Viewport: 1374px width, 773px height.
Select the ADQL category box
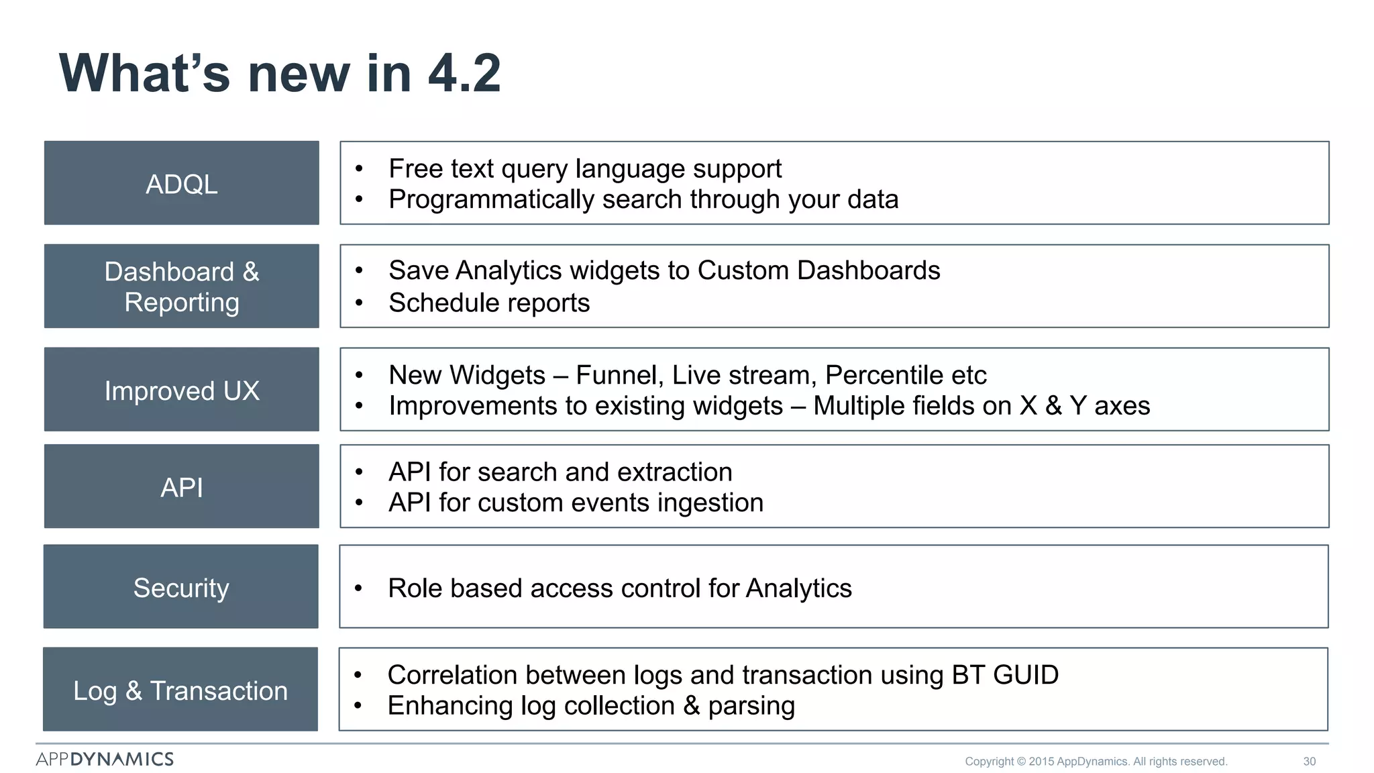[182, 183]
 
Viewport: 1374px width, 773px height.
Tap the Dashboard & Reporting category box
[182, 287]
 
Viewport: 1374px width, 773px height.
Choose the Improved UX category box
[182, 390]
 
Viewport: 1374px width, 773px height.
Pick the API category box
[182, 486]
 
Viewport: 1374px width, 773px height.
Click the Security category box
[181, 587]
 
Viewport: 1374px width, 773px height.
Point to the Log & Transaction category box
[180, 690]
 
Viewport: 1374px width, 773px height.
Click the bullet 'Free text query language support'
[585, 168]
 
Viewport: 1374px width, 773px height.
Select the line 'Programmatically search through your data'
[643, 199]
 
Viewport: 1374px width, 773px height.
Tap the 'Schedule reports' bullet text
[489, 303]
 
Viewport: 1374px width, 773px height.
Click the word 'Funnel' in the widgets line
[615, 375]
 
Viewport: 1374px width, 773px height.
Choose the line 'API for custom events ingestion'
[576, 503]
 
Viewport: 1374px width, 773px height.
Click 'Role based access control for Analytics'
[620, 588]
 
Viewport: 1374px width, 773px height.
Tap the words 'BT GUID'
[1005, 675]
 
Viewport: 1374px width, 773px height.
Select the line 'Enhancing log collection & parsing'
[591, 706]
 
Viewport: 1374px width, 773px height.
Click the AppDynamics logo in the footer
[105, 759]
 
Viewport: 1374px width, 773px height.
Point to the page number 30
[1309, 762]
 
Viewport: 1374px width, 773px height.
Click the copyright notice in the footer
[1096, 762]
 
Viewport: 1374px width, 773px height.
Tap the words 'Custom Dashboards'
[818, 270]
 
